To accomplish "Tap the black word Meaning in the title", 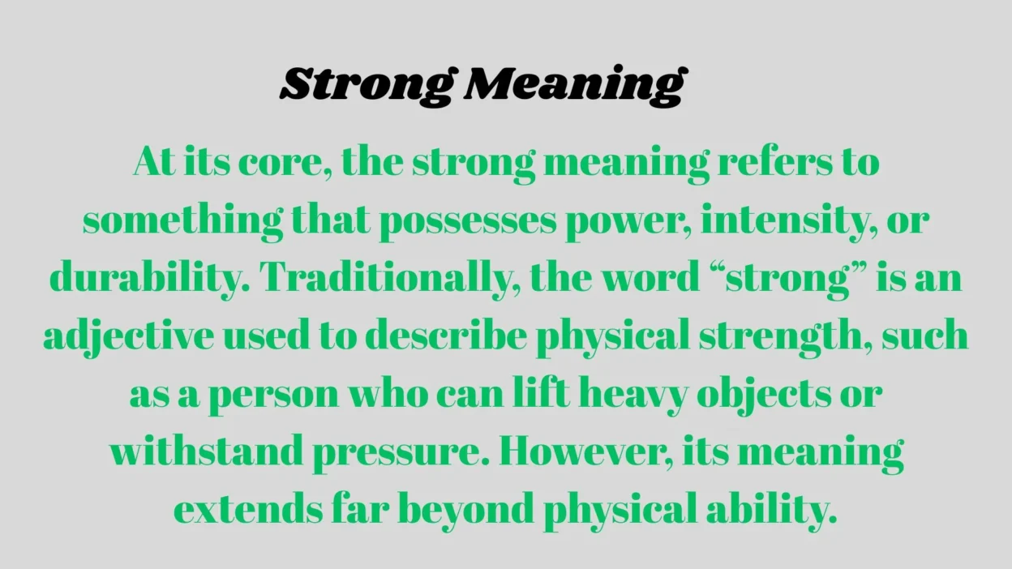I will coord(573,85).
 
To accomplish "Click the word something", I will coord(183,220).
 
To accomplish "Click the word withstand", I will coord(206,451).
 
